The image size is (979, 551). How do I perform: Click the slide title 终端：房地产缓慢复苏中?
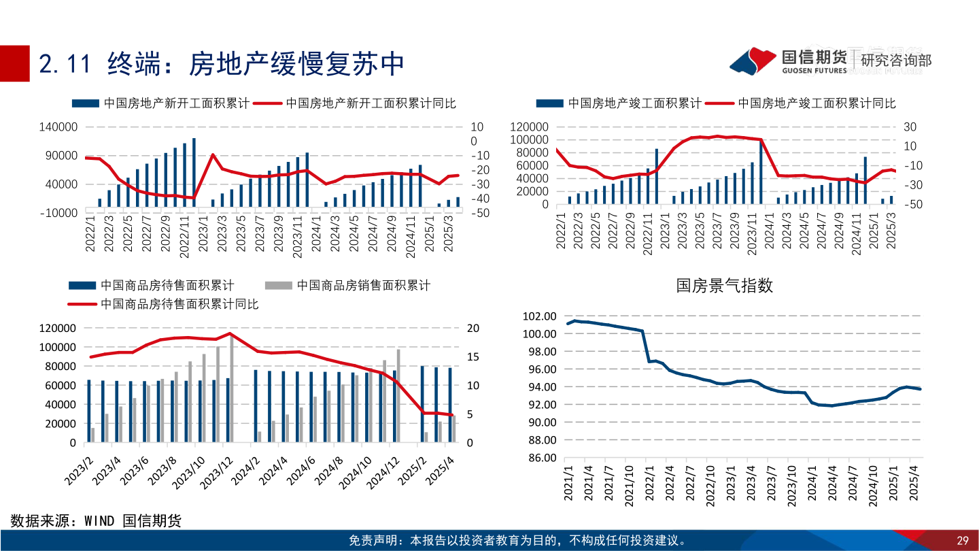[222, 63]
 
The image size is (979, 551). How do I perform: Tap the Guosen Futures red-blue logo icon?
[753, 61]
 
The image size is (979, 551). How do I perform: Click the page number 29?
[962, 541]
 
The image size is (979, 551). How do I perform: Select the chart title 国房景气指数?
[725, 285]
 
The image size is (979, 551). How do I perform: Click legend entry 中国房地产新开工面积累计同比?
[371, 103]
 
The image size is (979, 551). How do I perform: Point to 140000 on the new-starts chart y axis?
[58, 127]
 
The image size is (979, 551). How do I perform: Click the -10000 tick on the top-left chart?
[58, 213]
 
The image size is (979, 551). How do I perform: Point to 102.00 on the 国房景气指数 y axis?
[540, 316]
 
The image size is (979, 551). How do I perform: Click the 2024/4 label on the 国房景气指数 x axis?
[831, 484]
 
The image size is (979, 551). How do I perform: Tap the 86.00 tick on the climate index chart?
[540, 458]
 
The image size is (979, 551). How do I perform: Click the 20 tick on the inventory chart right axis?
[473, 329]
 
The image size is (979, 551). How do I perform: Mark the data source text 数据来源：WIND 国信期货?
[96, 521]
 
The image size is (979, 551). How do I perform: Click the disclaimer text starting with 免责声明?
[517, 541]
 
